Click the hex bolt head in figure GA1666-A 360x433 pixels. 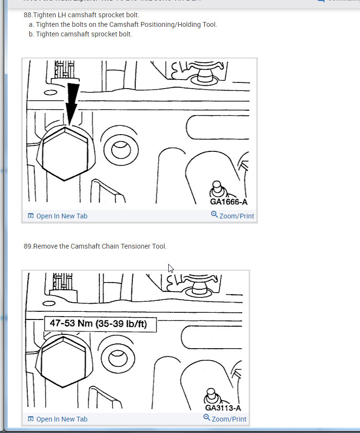pos(64,153)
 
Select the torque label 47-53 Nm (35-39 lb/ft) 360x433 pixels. pos(101,324)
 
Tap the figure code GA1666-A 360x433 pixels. pos(229,202)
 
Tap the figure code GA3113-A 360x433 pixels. pos(223,408)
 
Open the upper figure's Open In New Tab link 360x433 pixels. pos(61,216)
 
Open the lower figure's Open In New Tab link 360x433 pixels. pos(61,419)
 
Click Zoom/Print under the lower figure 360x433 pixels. pos(229,419)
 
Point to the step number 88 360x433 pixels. pos(28,15)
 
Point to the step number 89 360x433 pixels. pos(28,246)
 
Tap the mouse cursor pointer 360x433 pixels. pos(171,268)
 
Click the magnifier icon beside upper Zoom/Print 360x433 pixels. pos(214,215)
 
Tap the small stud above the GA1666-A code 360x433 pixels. pos(217,187)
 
